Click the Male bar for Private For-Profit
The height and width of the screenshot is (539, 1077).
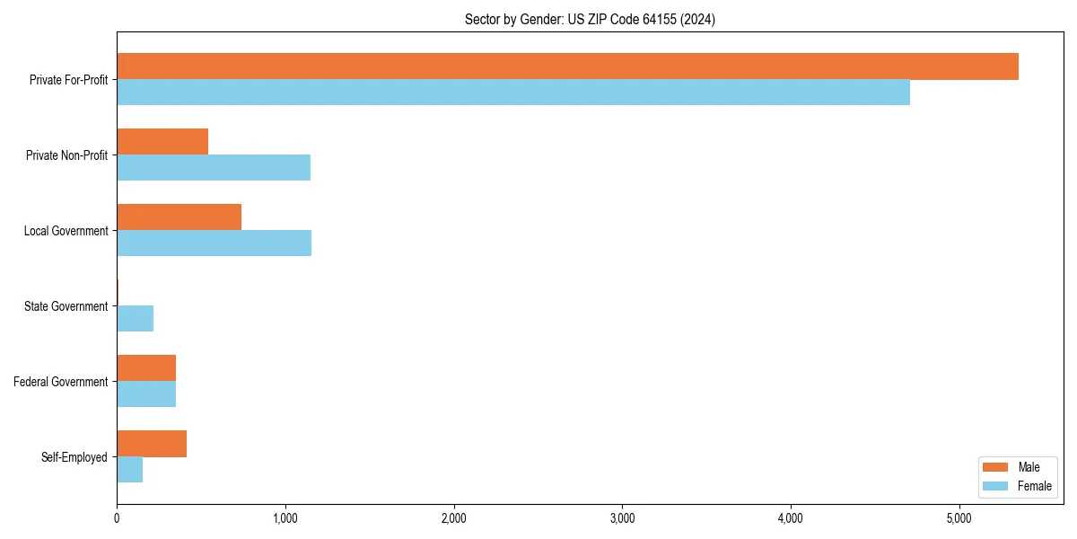coord(567,66)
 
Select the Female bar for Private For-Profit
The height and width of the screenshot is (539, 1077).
coord(513,93)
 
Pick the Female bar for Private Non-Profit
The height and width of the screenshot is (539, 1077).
coord(214,168)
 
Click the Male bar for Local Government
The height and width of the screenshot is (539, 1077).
coord(179,217)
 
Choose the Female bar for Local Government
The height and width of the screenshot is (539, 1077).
coord(215,243)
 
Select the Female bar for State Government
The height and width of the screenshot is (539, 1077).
coord(136,319)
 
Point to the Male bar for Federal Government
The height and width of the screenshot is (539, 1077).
coord(146,368)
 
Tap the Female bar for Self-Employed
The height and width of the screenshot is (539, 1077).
coord(130,470)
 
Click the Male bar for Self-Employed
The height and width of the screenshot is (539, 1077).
coord(152,444)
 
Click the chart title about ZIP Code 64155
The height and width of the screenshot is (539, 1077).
coord(590,19)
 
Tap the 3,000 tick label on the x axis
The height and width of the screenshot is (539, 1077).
coord(622,518)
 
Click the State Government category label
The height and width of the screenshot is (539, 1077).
coord(66,306)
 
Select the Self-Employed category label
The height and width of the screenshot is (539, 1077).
coord(74,457)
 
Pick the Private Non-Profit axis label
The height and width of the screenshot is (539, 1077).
coord(66,155)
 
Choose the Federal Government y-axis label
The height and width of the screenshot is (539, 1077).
coord(60,382)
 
